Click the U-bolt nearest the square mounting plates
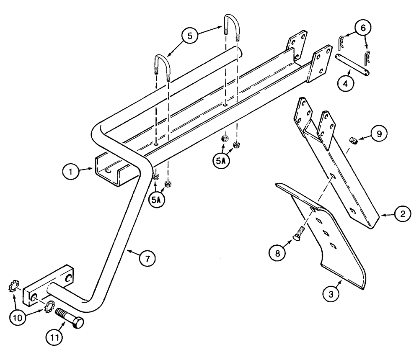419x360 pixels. pyautogui.click(x=231, y=26)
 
